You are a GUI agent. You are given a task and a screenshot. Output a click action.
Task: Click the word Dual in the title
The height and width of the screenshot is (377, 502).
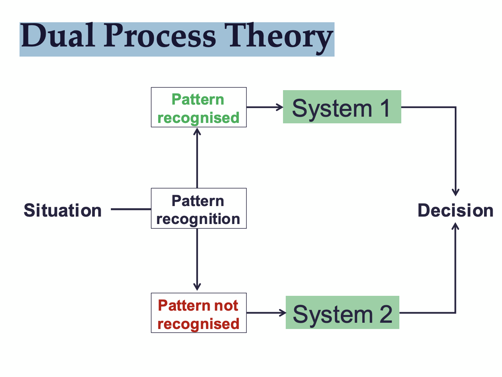58,36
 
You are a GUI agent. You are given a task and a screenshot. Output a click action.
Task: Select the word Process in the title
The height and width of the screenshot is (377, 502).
160,36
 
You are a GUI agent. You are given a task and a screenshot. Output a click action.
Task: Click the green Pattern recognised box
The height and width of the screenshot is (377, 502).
198,107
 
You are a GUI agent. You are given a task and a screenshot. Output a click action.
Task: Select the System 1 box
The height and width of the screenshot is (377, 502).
342,107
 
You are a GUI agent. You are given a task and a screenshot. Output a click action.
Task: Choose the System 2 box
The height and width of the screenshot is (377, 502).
342,313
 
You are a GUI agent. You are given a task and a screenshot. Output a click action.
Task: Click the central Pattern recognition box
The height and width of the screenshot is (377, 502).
198,208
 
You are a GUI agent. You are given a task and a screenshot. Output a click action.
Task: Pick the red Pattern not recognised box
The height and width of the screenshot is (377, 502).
198,313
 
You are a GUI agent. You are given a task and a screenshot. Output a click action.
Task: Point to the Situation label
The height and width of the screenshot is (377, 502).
63,210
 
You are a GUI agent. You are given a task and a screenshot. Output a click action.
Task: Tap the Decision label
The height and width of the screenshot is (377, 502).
456,210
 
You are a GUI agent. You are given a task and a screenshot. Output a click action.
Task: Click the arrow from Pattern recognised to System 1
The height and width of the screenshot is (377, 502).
265,107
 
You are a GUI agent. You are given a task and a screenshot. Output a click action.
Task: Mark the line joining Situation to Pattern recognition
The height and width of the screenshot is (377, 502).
131,209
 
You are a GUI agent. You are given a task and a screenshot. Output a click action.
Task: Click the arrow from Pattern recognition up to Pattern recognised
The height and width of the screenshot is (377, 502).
197,158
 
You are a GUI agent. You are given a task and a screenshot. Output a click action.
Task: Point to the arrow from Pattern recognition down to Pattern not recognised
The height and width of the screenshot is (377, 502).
197,260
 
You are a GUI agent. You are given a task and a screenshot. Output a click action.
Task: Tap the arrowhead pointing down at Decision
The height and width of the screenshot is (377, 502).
455,192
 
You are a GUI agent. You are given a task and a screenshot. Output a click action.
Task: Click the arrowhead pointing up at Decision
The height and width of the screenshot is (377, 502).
455,226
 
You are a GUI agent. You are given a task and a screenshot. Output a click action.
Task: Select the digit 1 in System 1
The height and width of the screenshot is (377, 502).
385,108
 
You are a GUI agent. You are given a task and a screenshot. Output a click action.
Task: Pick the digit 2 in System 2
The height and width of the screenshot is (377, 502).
386,314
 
